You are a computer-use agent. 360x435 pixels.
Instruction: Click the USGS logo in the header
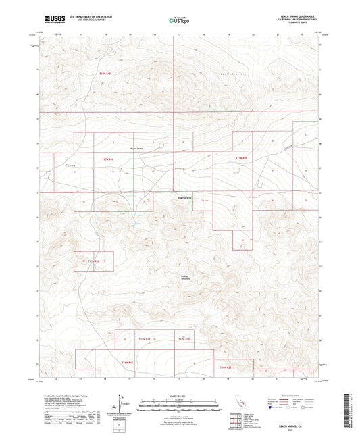[51, 20]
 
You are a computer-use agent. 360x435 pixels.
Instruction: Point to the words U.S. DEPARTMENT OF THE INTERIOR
[86, 17]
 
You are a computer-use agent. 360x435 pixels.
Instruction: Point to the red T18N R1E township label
[104, 73]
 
